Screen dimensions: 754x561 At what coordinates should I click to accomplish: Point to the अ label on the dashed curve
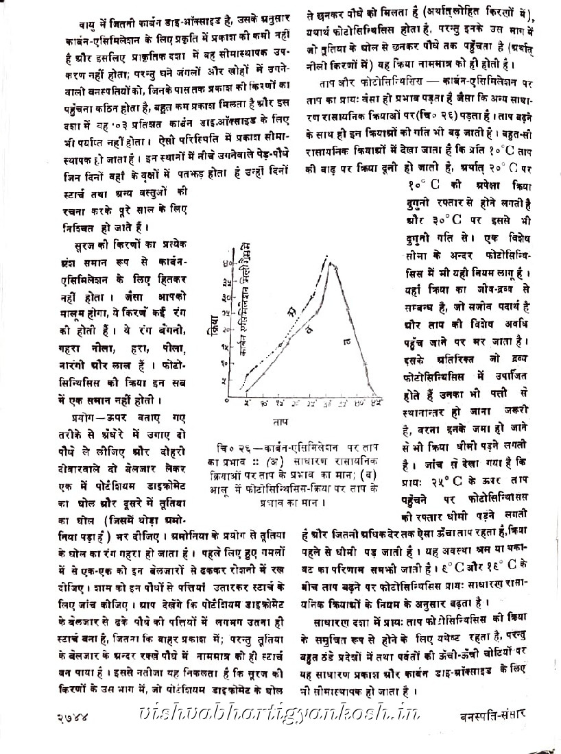(290, 313)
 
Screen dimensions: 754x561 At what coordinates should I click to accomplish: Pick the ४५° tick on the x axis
(376, 402)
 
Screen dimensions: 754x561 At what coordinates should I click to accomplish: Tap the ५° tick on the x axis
(247, 402)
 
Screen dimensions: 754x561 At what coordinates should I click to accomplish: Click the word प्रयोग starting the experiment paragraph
(81, 417)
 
